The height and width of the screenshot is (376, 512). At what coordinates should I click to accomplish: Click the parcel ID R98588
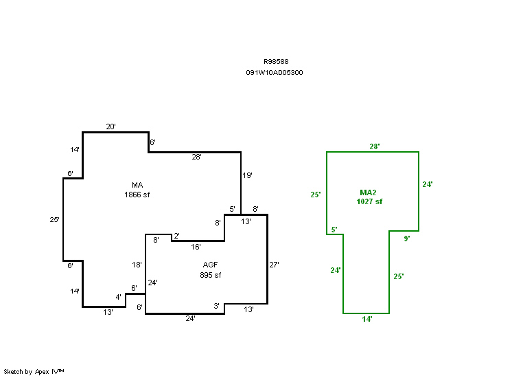(275, 61)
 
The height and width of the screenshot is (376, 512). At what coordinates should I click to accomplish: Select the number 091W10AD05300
(275, 72)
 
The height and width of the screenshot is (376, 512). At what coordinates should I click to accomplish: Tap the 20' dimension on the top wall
(110, 126)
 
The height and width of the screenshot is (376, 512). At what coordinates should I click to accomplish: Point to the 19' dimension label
(248, 175)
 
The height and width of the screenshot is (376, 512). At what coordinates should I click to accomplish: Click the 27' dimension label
(275, 264)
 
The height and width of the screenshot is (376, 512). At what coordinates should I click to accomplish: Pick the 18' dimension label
(137, 265)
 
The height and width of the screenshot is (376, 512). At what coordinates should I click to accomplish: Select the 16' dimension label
(196, 247)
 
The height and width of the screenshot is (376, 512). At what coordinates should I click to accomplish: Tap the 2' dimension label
(176, 236)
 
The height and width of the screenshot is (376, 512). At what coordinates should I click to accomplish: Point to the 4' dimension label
(118, 297)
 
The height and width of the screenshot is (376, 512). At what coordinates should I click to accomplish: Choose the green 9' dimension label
(406, 239)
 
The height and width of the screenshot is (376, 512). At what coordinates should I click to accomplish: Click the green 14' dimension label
(367, 320)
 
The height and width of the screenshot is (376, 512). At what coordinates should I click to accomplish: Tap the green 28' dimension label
(375, 146)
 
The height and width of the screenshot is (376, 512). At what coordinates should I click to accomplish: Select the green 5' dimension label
(334, 230)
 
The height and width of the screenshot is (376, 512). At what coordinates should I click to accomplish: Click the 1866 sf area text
(137, 195)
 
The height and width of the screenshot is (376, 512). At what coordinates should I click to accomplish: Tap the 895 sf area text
(211, 275)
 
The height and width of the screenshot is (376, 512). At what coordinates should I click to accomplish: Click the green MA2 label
(369, 192)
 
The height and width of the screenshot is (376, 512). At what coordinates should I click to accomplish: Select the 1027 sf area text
(369, 202)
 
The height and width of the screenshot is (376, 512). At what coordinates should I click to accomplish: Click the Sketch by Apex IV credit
(34, 371)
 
